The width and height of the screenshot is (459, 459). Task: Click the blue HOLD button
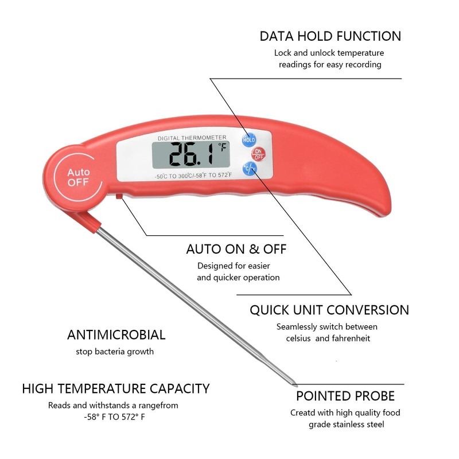pyautogui.click(x=249, y=139)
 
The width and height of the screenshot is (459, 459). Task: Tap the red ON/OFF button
pyautogui.click(x=258, y=154)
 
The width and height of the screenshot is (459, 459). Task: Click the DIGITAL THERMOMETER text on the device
pyautogui.click(x=192, y=137)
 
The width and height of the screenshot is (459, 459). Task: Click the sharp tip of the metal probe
pyautogui.click(x=295, y=383)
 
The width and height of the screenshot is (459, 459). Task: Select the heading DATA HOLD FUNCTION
pyautogui.click(x=330, y=36)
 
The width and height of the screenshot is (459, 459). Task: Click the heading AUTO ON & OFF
pyautogui.click(x=236, y=250)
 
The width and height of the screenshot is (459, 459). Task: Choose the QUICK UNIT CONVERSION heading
pyautogui.click(x=329, y=310)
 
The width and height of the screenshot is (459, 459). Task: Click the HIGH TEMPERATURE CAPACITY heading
pyautogui.click(x=116, y=389)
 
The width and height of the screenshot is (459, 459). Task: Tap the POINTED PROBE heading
pyautogui.click(x=345, y=396)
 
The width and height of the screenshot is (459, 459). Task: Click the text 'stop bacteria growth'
pyautogui.click(x=115, y=351)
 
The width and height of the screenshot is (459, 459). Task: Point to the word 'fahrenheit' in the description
pyautogui.click(x=351, y=338)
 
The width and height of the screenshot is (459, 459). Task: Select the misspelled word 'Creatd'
pyautogui.click(x=303, y=413)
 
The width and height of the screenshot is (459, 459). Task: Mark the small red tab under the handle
pyautogui.click(x=118, y=197)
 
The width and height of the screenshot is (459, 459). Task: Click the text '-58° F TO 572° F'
pyautogui.click(x=114, y=417)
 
